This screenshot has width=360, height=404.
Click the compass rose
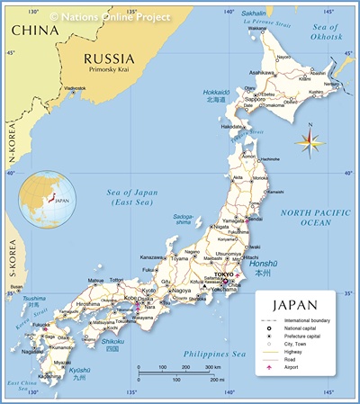point(309,139)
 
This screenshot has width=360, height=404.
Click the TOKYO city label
point(224,274)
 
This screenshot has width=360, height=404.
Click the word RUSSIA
point(114,57)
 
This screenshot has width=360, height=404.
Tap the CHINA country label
point(35,30)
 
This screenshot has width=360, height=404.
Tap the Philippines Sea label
point(215,354)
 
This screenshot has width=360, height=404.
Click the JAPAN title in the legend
point(294,305)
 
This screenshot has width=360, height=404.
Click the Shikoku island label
point(112,342)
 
